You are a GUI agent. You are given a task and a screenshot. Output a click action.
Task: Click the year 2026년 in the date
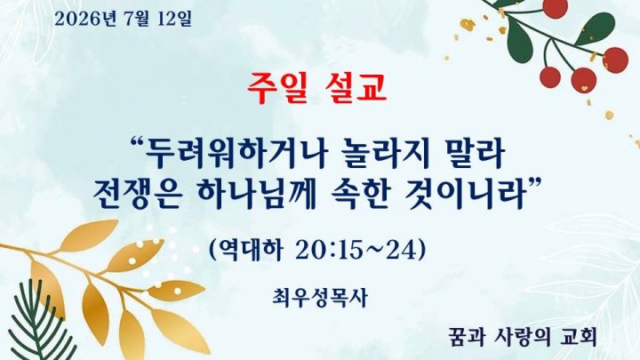85,19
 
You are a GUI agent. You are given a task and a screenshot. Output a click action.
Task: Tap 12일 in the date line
174,19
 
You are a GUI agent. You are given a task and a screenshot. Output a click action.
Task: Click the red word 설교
356,88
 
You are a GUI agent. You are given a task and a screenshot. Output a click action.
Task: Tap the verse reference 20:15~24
356,249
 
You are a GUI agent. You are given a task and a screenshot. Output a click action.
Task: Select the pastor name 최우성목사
320,298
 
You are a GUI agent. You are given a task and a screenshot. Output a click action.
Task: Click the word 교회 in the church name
580,337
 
